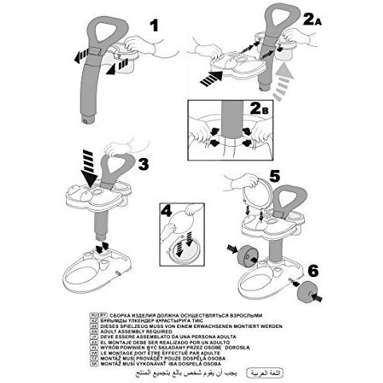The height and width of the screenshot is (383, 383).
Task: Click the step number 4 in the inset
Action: click(x=167, y=213)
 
